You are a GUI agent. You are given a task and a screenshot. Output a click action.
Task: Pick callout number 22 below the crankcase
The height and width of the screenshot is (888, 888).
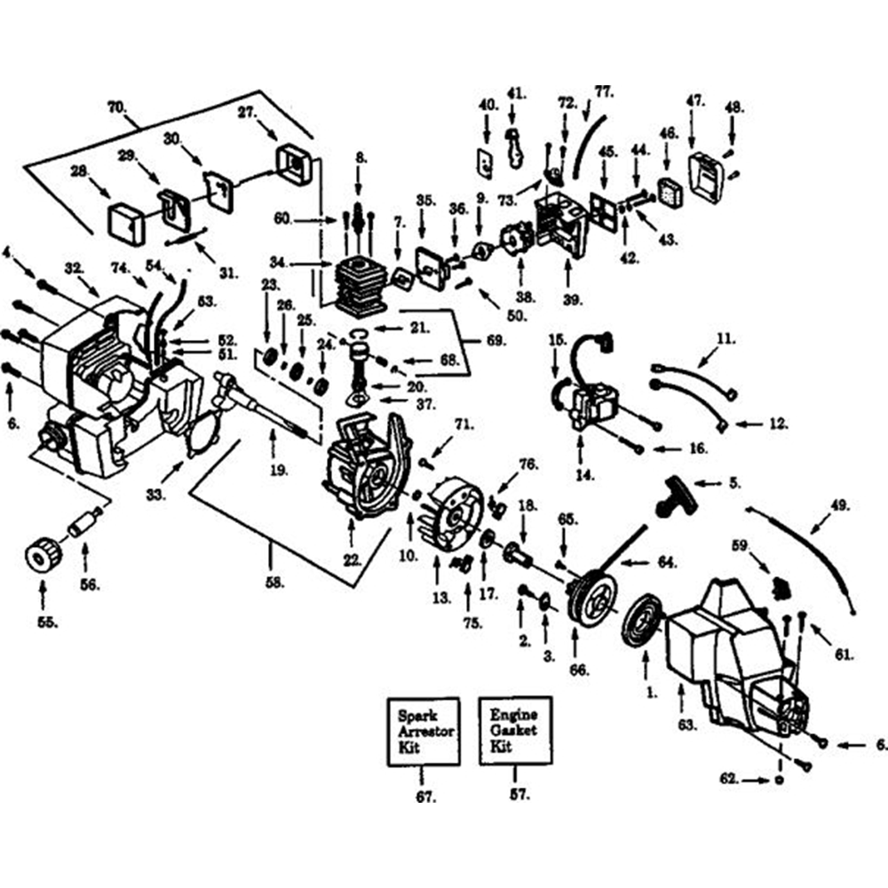[x=351, y=559]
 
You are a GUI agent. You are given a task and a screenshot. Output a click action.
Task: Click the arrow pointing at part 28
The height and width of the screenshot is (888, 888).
[x=104, y=188]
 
